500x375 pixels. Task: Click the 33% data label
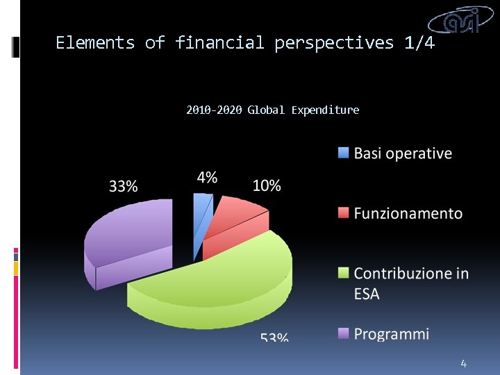click(x=123, y=186)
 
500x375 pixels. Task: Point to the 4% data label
click(x=207, y=177)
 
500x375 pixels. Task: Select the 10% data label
click(x=267, y=185)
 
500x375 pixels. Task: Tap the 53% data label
click(x=274, y=337)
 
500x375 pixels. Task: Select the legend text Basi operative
click(x=403, y=153)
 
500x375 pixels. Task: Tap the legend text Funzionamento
click(x=408, y=213)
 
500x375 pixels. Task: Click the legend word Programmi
click(x=392, y=334)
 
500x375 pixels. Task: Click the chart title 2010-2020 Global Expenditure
click(x=273, y=110)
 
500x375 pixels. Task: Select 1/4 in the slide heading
click(x=419, y=43)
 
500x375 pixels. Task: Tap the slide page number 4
click(x=463, y=363)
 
